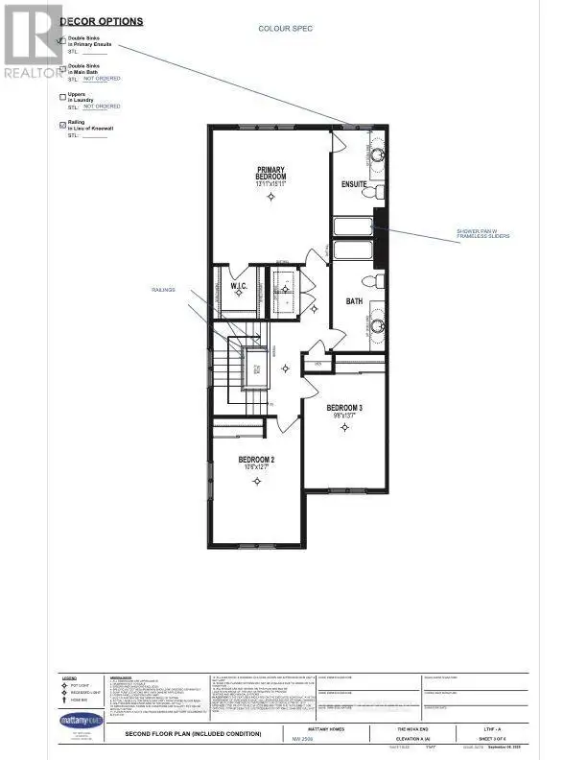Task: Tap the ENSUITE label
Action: pos(354,184)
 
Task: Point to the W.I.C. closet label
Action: pos(240,286)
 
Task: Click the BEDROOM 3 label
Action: pos(343,408)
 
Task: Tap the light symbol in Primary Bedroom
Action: pos(271,197)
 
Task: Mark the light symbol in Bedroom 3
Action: pos(344,429)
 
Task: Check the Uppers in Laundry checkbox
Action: pos(62,97)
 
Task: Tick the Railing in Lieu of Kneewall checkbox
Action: pos(62,125)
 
